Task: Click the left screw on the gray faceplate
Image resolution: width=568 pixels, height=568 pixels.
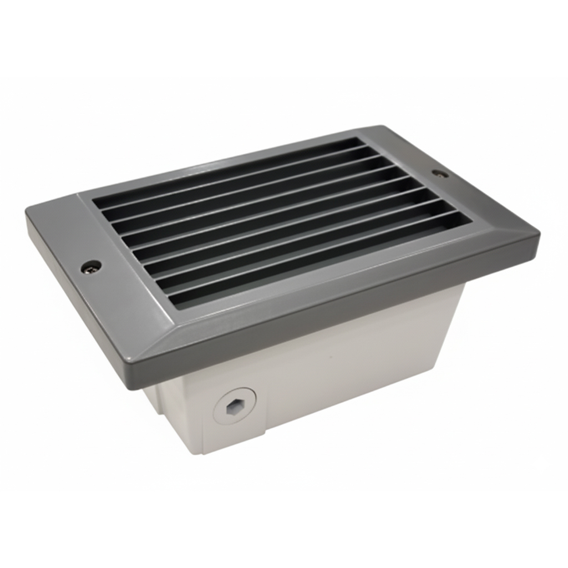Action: pyautogui.click(x=91, y=267)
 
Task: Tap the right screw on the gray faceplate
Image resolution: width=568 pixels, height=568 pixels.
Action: pyautogui.click(x=440, y=173)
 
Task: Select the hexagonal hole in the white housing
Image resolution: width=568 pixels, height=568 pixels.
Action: pyautogui.click(x=234, y=408)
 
